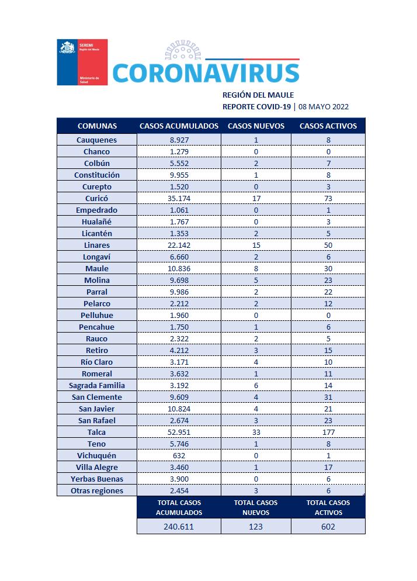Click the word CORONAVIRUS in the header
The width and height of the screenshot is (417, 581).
(x=205, y=73)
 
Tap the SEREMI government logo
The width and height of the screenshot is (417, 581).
(x=82, y=62)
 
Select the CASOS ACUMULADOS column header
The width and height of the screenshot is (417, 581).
(x=179, y=126)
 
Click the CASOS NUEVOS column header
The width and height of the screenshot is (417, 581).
(x=256, y=126)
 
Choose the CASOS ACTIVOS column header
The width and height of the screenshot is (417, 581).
(x=328, y=126)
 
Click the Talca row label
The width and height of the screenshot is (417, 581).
(x=96, y=432)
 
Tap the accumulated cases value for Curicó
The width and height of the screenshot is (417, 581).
(x=179, y=198)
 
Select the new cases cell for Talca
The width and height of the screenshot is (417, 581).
(x=256, y=432)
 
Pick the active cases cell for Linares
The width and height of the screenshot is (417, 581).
(x=328, y=245)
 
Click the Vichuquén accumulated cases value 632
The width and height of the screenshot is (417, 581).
(x=179, y=455)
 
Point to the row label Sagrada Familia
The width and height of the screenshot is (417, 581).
(x=96, y=385)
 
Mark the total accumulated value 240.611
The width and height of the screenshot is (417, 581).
(x=179, y=526)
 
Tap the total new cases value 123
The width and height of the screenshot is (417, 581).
(x=256, y=526)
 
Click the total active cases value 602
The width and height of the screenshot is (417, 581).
(x=328, y=526)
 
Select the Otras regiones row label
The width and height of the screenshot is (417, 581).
(x=96, y=490)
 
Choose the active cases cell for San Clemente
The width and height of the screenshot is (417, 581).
(x=328, y=397)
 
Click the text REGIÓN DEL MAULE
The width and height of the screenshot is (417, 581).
(x=258, y=95)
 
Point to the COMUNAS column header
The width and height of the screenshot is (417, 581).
(x=97, y=126)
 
